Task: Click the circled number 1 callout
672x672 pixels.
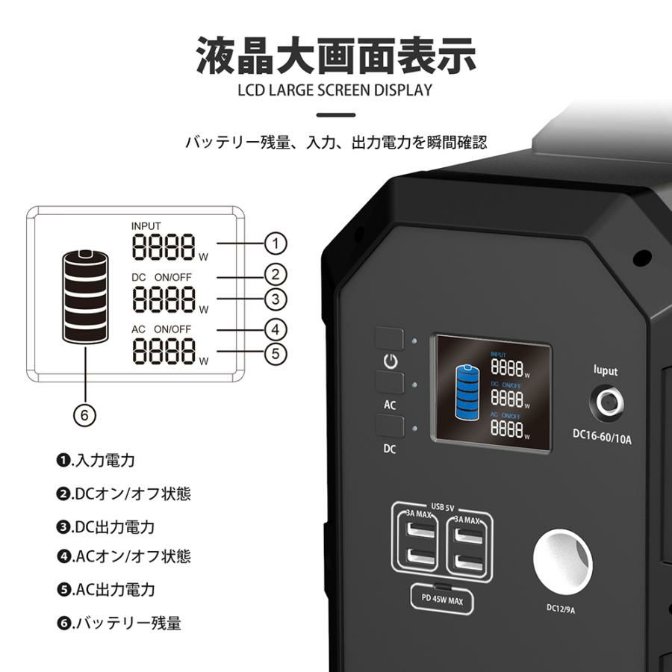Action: pyautogui.click(x=276, y=243)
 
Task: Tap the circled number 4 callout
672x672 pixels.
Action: pyautogui.click(x=276, y=329)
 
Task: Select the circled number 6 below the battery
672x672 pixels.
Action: pyautogui.click(x=84, y=415)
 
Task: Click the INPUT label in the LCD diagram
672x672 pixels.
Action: pyautogui.click(x=146, y=225)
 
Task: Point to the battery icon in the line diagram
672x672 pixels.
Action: pyautogui.click(x=85, y=296)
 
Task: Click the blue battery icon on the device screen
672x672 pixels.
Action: pyautogui.click(x=468, y=392)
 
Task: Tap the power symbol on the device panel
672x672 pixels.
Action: pyautogui.click(x=390, y=361)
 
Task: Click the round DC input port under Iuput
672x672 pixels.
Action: pyautogui.click(x=609, y=402)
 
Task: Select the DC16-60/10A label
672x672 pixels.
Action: pyautogui.click(x=602, y=437)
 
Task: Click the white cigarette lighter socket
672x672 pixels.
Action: pyautogui.click(x=563, y=559)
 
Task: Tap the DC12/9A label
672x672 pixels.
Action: pyautogui.click(x=561, y=608)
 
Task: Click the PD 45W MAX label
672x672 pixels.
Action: pyautogui.click(x=442, y=600)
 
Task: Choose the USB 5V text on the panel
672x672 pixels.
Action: pyautogui.click(x=442, y=508)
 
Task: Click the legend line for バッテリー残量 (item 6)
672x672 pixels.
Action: pyautogui.click(x=119, y=623)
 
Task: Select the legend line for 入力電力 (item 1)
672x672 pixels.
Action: pyautogui.click(x=96, y=460)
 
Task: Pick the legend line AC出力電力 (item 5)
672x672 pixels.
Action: pyautogui.click(x=105, y=590)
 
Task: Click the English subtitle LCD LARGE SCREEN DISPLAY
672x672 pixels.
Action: pyautogui.click(x=335, y=90)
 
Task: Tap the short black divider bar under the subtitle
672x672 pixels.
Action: pyautogui.click(x=336, y=115)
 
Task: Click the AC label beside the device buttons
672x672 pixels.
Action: pyautogui.click(x=390, y=405)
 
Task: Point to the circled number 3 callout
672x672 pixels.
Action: pyautogui.click(x=276, y=299)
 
